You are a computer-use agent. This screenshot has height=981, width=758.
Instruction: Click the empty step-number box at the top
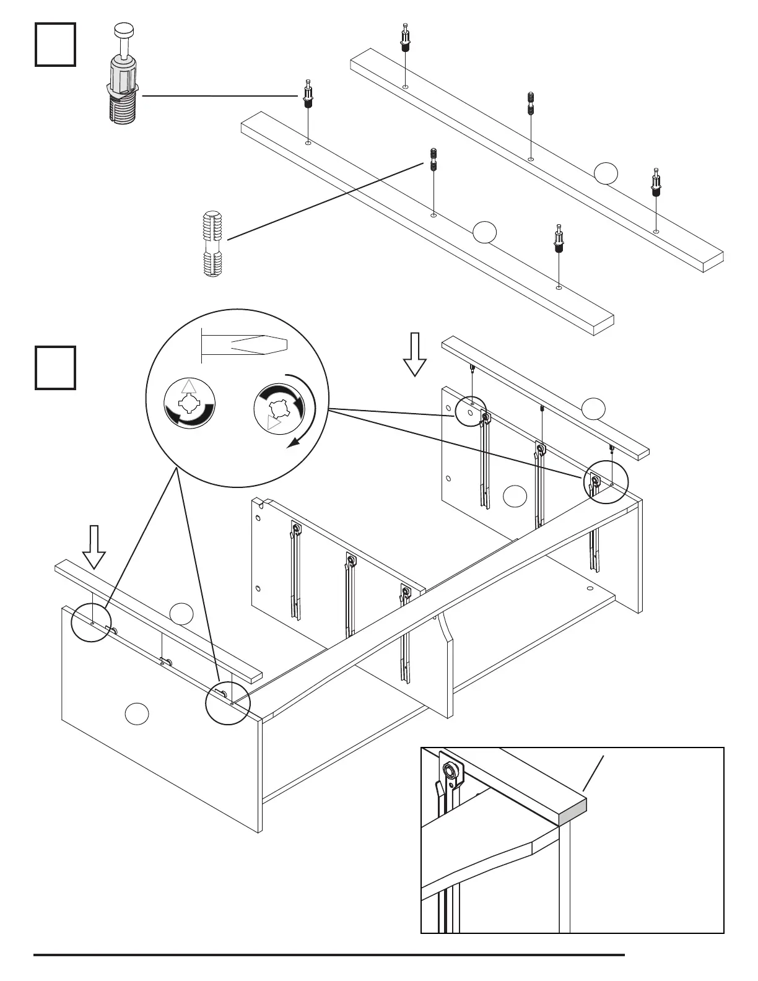pyautogui.click(x=55, y=45)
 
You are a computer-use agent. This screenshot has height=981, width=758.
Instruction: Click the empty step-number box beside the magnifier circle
pyautogui.click(x=55, y=368)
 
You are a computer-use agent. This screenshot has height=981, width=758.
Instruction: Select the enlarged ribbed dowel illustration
pyautogui.click(x=214, y=244)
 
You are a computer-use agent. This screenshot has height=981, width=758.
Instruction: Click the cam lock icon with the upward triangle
pyautogui.click(x=189, y=404)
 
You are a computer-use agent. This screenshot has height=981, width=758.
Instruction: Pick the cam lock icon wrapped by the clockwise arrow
pyautogui.click(x=279, y=408)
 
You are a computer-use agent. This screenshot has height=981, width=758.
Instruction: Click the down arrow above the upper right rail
pyautogui.click(x=415, y=354)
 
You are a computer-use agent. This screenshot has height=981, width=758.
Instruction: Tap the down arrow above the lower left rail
pyautogui.click(x=94, y=546)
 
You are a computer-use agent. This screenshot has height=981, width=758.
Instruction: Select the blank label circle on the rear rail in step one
pyautogui.click(x=606, y=173)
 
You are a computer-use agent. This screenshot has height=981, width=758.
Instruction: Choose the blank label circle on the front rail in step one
pyautogui.click(x=484, y=232)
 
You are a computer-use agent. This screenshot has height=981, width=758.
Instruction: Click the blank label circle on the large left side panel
pyautogui.click(x=137, y=713)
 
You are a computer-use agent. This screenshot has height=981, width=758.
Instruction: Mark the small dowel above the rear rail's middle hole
pyautogui.click(x=530, y=103)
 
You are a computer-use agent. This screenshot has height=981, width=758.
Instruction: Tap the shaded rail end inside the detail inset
pyautogui.click(x=573, y=810)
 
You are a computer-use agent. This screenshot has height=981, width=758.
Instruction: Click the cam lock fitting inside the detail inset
pyautogui.click(x=450, y=772)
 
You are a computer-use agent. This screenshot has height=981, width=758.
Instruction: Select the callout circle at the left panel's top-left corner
pyautogui.click(x=91, y=621)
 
